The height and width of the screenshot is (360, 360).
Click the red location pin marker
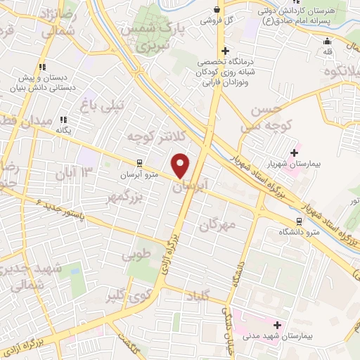click(x=181, y=165)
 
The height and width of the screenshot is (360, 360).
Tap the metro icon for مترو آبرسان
click(x=140, y=162)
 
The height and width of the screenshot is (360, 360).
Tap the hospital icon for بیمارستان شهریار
click(x=293, y=152)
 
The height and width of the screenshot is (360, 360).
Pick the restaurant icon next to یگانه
click(x=63, y=120)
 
